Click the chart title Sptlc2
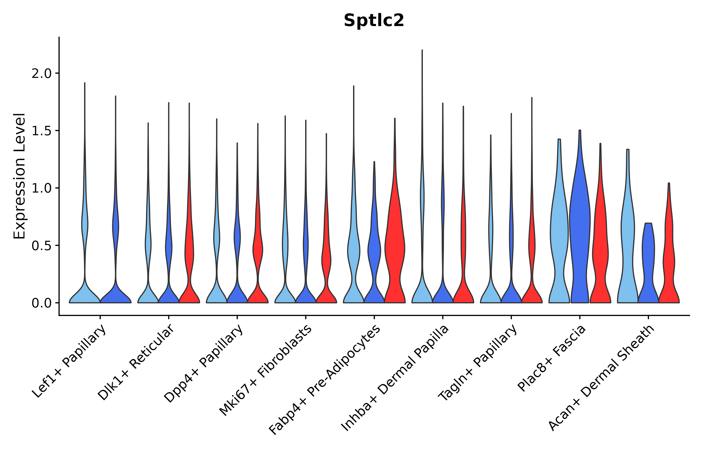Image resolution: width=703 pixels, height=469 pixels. pyautogui.click(x=374, y=21)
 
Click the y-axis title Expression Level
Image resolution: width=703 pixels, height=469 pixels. pyautogui.click(x=20, y=176)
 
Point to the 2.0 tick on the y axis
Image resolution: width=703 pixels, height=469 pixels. pyautogui.click(x=42, y=73)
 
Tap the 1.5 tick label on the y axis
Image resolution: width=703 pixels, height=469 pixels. pyautogui.click(x=42, y=131)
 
